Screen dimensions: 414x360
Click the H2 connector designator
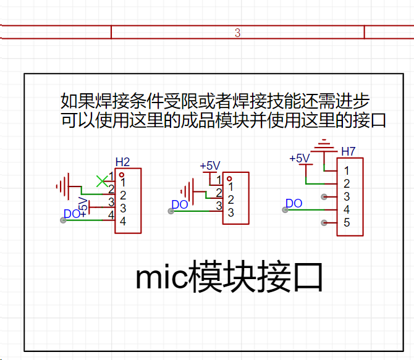(122, 162)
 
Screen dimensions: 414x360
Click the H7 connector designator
(349, 151)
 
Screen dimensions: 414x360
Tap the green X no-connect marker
(102, 182)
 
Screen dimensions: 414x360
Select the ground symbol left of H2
(63, 186)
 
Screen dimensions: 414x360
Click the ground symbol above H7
(324, 146)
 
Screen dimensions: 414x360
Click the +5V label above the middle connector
(210, 166)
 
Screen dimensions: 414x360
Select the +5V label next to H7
(300, 158)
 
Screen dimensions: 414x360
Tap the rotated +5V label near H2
(83, 207)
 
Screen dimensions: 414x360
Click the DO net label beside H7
(294, 204)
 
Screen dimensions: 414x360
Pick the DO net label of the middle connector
(180, 204)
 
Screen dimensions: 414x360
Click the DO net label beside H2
(72, 214)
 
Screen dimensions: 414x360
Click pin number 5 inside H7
(347, 222)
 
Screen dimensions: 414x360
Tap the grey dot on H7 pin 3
(324, 196)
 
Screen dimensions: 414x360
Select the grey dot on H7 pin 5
(324, 223)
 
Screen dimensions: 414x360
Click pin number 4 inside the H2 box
(123, 221)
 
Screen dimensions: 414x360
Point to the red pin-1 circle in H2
(122, 175)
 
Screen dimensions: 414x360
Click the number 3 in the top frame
(237, 33)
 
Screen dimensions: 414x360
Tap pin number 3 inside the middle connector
(230, 212)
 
